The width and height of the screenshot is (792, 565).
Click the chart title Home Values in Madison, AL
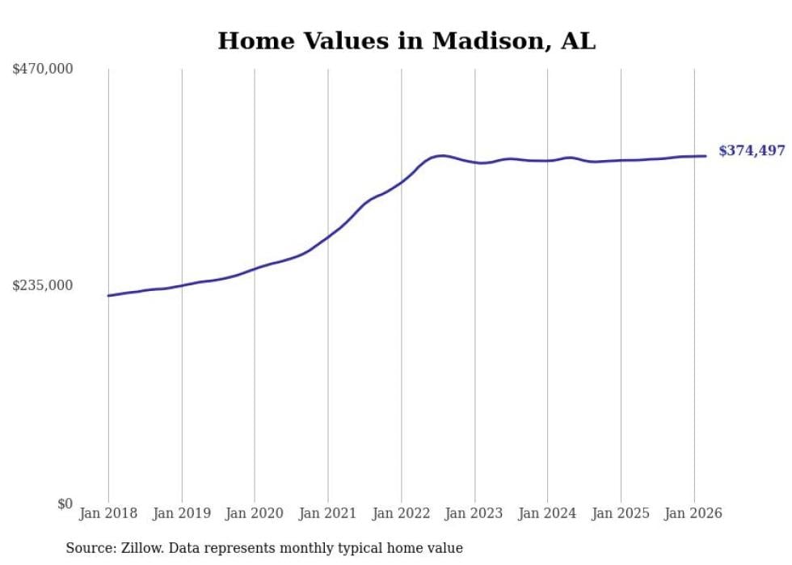pos(407,41)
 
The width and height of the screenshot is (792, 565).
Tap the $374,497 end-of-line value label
pos(752,151)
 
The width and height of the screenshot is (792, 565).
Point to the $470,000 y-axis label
pos(43,70)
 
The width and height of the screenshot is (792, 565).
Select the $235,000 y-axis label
pos(43,285)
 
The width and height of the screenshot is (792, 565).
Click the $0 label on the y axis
pos(65,504)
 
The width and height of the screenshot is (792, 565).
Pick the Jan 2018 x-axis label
pos(108,513)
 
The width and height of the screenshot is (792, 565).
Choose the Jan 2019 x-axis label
pos(182,513)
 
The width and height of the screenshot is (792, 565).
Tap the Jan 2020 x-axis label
pos(255,513)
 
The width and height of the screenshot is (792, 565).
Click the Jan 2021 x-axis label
pos(328,513)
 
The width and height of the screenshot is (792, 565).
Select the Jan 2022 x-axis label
pos(402,513)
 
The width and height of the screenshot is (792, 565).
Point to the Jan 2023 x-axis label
pos(474,513)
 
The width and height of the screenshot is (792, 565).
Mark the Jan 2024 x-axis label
pos(548,513)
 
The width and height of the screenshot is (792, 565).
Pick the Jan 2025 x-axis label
pos(621,513)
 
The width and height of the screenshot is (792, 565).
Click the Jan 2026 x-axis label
pos(694,513)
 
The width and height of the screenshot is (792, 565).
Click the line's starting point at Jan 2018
pos(108,296)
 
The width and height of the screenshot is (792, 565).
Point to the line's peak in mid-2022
pos(441,155)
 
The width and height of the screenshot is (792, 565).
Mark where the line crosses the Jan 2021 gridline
pos(328,237)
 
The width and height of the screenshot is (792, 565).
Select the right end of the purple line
pos(706,156)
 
